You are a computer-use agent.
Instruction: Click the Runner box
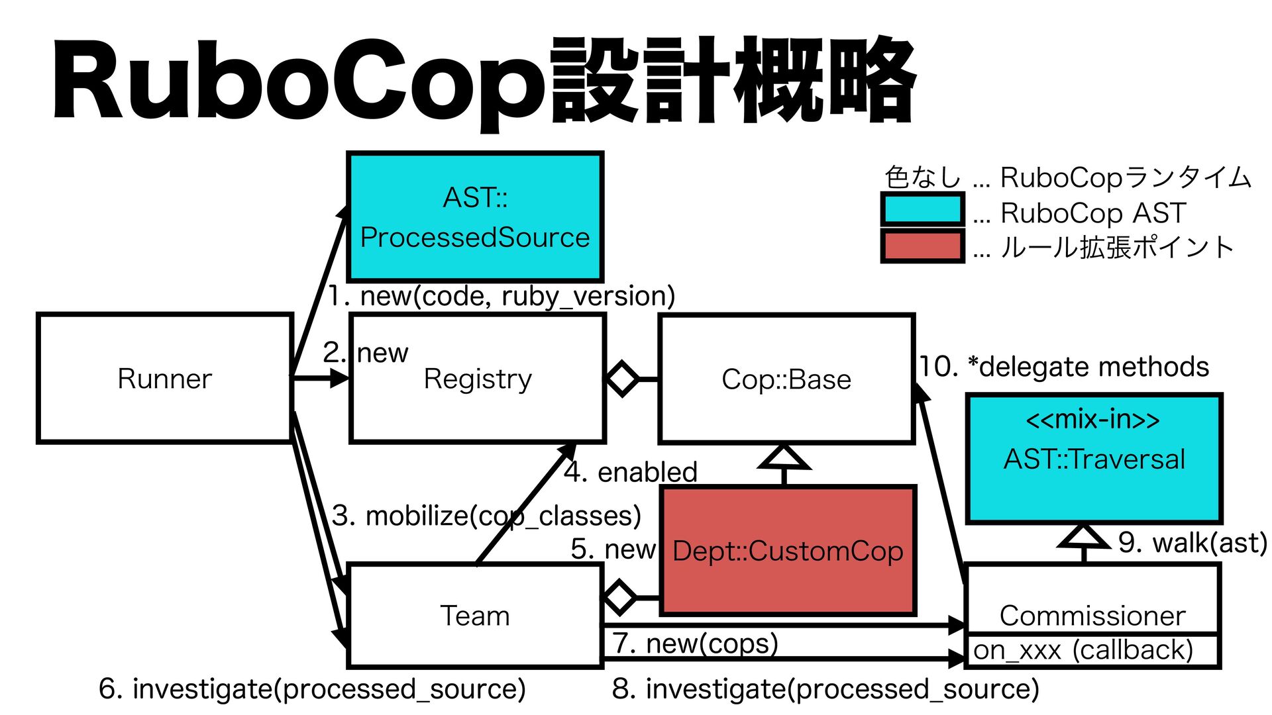pyautogui.click(x=165, y=378)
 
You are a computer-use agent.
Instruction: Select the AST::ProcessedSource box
pyautogui.click(x=475, y=216)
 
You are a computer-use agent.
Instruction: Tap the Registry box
pyautogui.click(x=478, y=378)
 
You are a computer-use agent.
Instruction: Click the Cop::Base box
pyautogui.click(x=787, y=379)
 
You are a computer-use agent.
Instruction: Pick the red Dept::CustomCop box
pyautogui.click(x=788, y=550)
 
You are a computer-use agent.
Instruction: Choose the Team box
pyautogui.click(x=475, y=615)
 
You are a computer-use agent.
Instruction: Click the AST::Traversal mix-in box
pyautogui.click(x=1094, y=459)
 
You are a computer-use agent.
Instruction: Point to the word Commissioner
pyautogui.click(x=1092, y=616)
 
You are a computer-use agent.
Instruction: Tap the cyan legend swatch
pyautogui.click(x=922, y=210)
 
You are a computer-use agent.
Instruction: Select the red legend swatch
pyautogui.click(x=922, y=246)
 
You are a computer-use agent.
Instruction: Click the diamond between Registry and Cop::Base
pyautogui.click(x=622, y=379)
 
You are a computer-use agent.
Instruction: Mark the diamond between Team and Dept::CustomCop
pyautogui.click(x=620, y=597)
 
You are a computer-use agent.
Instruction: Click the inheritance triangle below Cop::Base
pyautogui.click(x=784, y=457)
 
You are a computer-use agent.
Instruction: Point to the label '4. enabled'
pyautogui.click(x=631, y=472)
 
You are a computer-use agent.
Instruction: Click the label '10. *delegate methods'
pyautogui.click(x=1064, y=367)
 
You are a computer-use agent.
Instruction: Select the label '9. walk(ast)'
pyautogui.click(x=1192, y=543)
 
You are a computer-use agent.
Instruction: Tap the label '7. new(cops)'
pyautogui.click(x=695, y=643)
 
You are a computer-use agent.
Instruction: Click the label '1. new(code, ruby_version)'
pyautogui.click(x=502, y=296)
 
